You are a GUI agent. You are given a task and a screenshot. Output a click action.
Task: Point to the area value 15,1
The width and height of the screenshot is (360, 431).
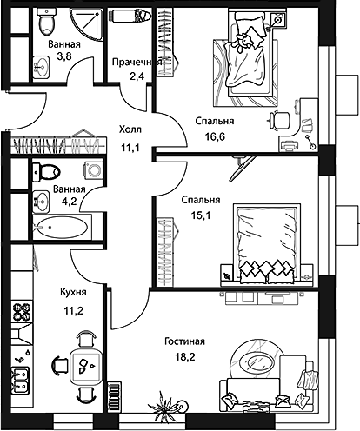200,216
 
